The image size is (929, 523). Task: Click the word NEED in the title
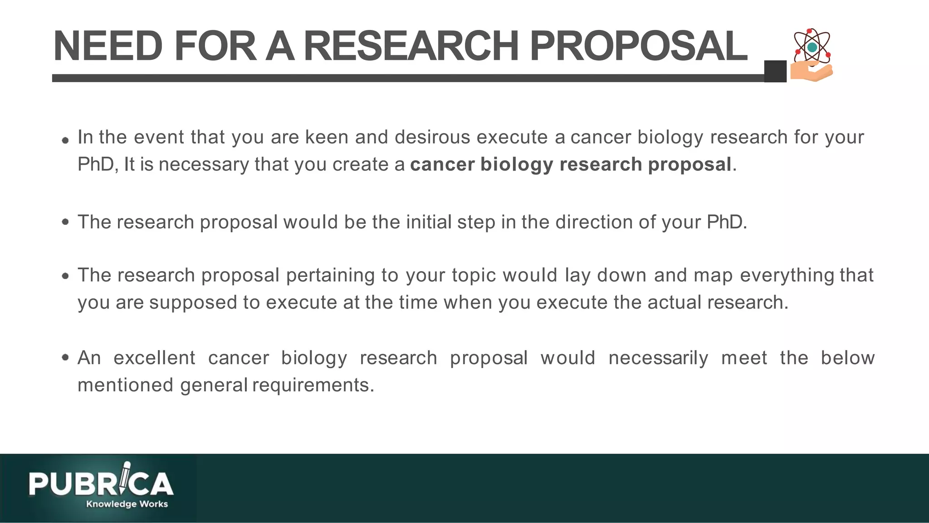pos(108,46)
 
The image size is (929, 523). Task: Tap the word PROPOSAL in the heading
pos(638,46)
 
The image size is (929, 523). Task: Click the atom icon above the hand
pos(812,46)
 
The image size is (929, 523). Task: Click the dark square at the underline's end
pos(775,71)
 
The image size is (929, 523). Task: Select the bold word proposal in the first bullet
pos(689,164)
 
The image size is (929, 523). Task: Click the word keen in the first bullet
pos(327,137)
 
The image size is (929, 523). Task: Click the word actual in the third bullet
pos(675,302)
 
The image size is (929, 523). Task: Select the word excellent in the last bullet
pos(154,358)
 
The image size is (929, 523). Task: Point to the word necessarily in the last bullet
pos(658,358)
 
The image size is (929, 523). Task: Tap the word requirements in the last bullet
pos(313,385)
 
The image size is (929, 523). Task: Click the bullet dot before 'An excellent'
pos(66,358)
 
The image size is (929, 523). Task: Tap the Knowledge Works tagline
pos(127,504)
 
